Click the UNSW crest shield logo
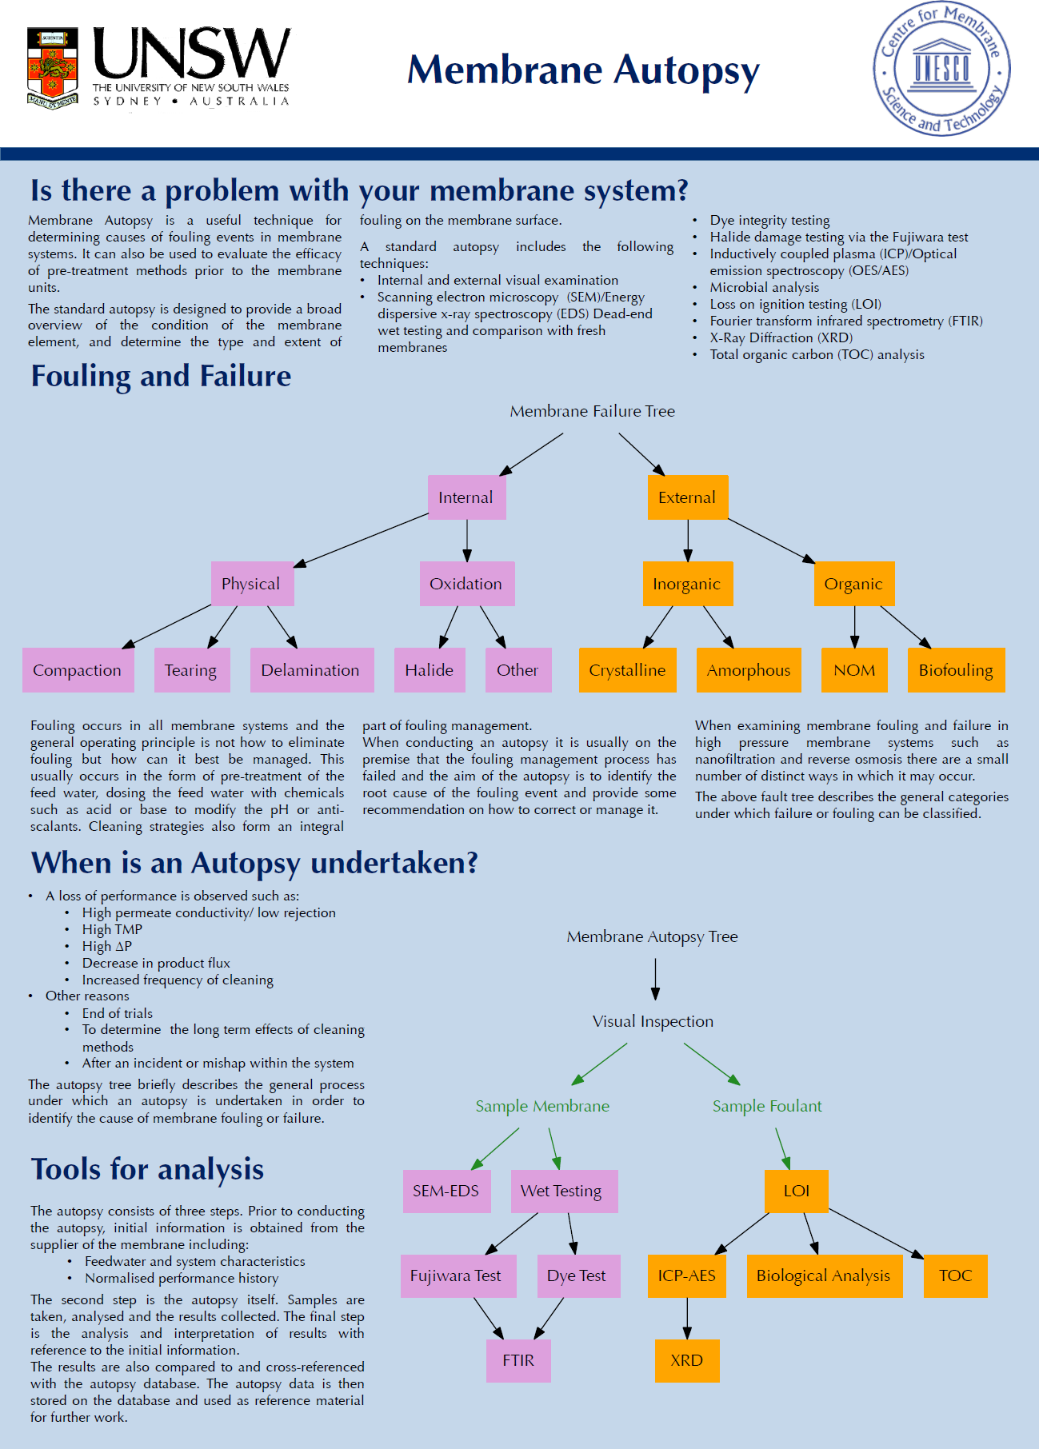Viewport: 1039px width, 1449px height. pos(53,68)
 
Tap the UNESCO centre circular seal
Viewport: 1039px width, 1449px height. pos(941,69)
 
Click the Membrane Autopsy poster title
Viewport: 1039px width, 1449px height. pos(583,70)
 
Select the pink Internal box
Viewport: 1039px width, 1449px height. pos(467,497)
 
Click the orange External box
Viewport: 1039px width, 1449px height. pos(688,497)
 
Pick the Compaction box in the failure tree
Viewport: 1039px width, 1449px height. pos(78,670)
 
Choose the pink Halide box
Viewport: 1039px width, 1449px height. pos(430,670)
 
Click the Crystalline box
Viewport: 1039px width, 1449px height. pos(627,670)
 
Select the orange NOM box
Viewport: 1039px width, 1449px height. pos(855,670)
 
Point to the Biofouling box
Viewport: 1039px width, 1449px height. pos(957,670)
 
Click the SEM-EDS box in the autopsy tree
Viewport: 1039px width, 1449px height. pos(446,1192)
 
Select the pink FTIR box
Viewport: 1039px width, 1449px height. pos(519,1361)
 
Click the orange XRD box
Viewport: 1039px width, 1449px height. pos(687,1361)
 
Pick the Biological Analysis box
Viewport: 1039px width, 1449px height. pos(824,1276)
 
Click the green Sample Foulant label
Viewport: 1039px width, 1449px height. pos(767,1106)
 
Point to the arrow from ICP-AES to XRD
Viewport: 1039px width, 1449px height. pos(687,1318)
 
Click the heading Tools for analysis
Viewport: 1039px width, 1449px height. pos(147,1169)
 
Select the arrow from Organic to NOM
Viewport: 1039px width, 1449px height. pos(854,627)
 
